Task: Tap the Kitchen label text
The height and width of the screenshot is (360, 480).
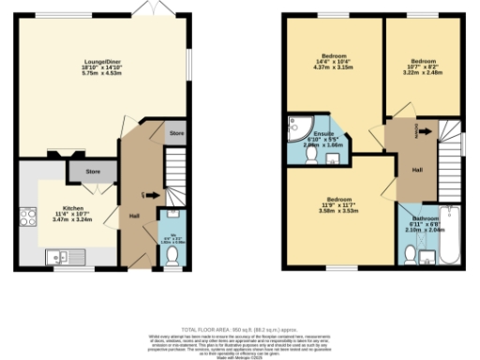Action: pyautogui.click(x=74, y=208)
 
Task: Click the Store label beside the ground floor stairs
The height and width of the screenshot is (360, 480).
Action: pyautogui.click(x=176, y=135)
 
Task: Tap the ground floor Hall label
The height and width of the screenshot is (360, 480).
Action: pyautogui.click(x=137, y=216)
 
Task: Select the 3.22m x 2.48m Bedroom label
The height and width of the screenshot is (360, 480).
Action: pyautogui.click(x=425, y=65)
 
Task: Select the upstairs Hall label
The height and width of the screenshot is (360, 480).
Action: pyautogui.click(x=417, y=169)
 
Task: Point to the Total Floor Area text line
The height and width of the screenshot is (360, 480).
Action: pyautogui.click(x=240, y=328)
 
